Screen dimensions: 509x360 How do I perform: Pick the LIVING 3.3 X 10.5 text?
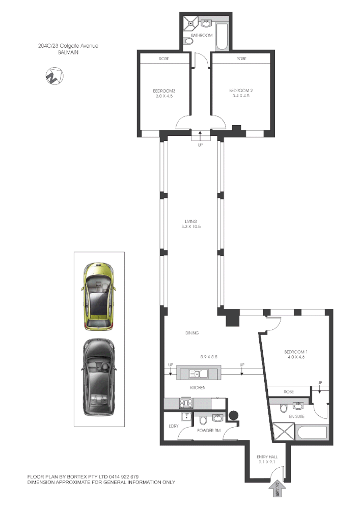(191, 223)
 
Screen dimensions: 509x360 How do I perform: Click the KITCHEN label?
(198, 388)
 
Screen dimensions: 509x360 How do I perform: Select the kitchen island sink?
(195, 374)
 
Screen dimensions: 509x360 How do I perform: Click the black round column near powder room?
(234, 415)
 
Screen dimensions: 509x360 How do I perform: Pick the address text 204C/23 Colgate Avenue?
(68, 46)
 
